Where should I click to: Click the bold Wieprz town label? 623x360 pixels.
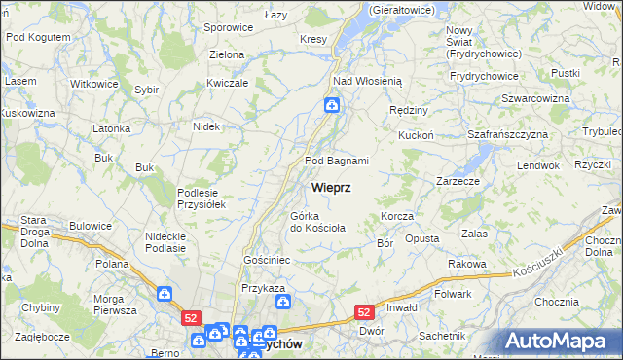(x=332, y=186)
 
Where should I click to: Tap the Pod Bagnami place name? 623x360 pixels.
(x=337, y=161)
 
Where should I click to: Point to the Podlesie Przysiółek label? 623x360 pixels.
(x=202, y=198)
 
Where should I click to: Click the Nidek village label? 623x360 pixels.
(x=206, y=126)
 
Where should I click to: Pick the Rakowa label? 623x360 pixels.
(x=466, y=264)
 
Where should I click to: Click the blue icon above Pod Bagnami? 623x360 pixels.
(x=332, y=105)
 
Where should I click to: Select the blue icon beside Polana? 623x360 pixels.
(x=165, y=292)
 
